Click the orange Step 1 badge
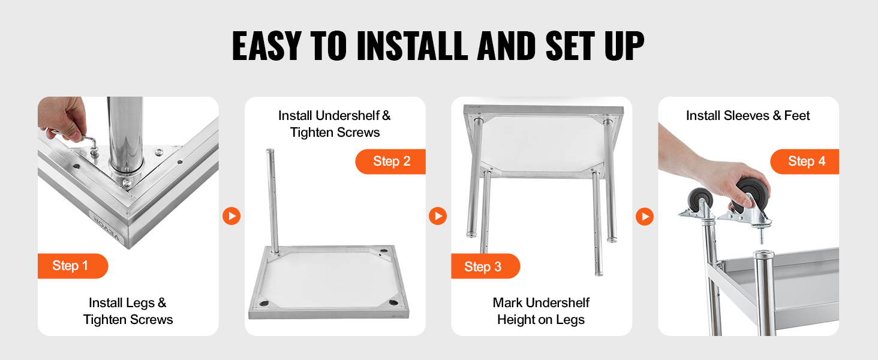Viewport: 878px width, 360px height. pos(73,266)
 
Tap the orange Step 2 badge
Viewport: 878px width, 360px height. pos(390,161)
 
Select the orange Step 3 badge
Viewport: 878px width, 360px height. pos(486,266)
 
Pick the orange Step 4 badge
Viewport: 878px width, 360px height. pos(805,161)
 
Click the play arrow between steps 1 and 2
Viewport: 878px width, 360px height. pos(231,216)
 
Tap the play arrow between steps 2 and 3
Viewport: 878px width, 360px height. pos(438,216)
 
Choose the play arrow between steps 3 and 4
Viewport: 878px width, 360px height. pos(645,217)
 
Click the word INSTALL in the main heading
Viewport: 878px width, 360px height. pos(412,46)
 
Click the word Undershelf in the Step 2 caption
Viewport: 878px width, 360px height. pos(347,116)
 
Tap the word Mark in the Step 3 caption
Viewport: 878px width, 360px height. pos(507,303)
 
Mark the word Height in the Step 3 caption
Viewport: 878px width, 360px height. pos(515,320)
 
